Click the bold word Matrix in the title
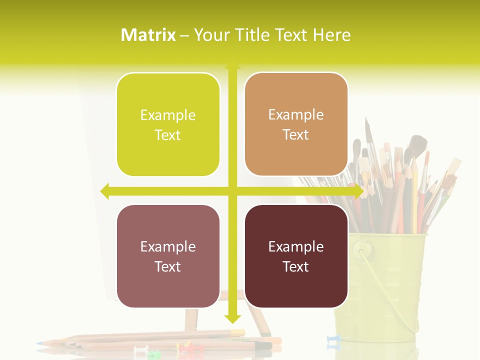(148, 35)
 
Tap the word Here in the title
(331, 35)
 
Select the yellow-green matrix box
(168, 124)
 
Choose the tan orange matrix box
(296, 124)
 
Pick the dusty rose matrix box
(168, 256)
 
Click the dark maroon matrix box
(296, 256)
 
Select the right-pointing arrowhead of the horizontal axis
(358, 191)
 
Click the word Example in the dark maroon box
(296, 246)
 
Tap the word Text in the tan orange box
(296, 134)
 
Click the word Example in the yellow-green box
(168, 115)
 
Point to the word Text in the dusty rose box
(168, 266)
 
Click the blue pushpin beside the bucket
(333, 341)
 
